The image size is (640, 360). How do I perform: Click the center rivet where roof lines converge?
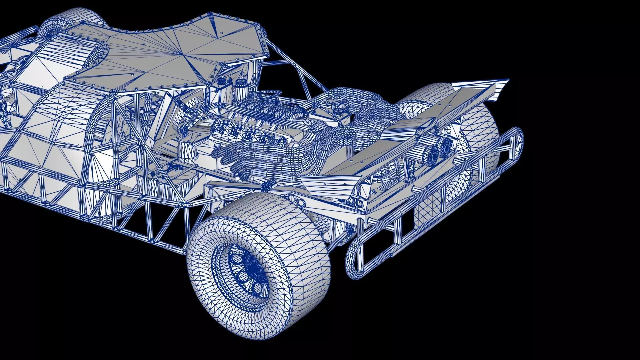coord(180,53)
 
